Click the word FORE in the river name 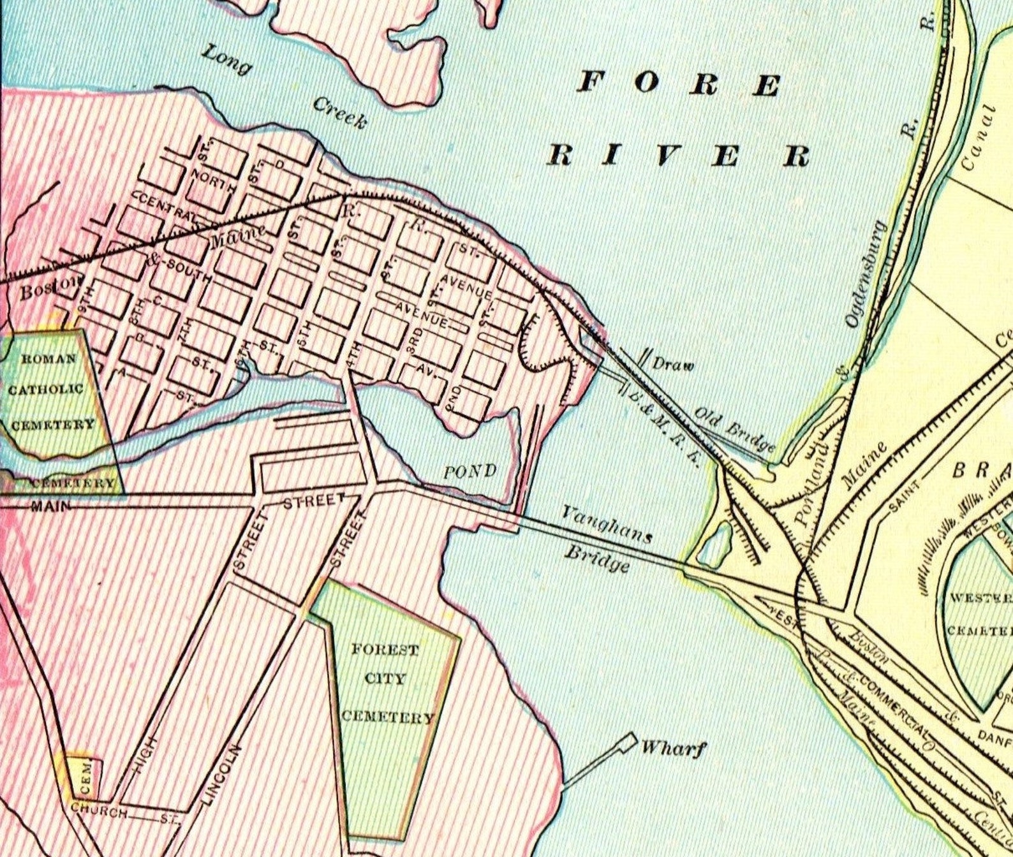[x=679, y=84]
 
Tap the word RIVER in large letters [x=679, y=155]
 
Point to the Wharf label [x=674, y=747]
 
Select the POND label [x=470, y=472]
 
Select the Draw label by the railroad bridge [x=672, y=365]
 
